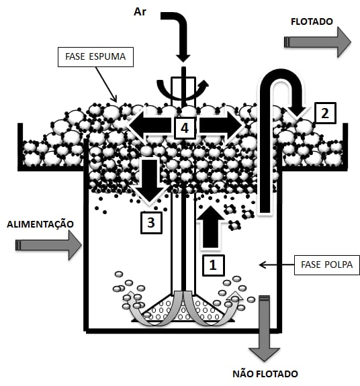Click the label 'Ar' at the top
pos(140,11)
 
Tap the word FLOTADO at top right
pos(312,21)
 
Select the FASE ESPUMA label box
pos(95,57)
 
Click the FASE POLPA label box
pos(327,265)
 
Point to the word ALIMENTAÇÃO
pos(40,224)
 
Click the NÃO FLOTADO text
pos(265,374)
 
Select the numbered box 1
pos(213,265)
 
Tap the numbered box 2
pos(325,113)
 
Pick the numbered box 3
pos(151,223)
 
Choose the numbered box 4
pos(185,128)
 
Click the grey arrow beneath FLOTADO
pos(318,42)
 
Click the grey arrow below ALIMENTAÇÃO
pos(48,245)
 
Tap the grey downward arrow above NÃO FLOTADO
pos(265,328)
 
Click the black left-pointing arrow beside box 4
pos(150,126)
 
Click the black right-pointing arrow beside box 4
pos(220,126)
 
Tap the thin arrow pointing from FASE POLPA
pos(277,265)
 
